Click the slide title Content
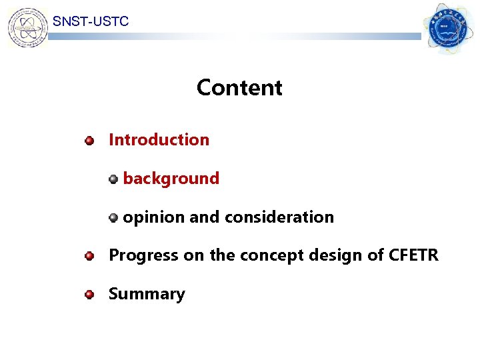239,88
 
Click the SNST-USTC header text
91,22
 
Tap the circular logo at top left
27,27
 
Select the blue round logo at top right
449,29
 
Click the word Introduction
159,140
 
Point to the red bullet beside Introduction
89,141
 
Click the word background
171,179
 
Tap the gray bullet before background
114,179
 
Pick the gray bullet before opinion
114,217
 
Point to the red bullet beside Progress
89,255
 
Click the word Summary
147,294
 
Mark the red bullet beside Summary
89,294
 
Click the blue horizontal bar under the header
233,37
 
